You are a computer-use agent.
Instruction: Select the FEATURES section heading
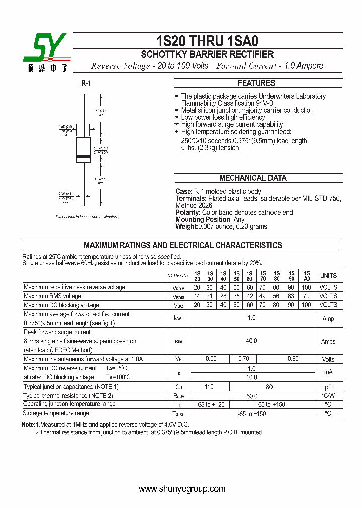(x=256, y=83)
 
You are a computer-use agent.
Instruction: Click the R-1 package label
(x=86, y=84)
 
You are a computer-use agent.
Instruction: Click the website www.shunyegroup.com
(x=182, y=489)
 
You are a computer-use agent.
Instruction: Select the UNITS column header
(x=328, y=276)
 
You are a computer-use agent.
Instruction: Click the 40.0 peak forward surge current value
(x=251, y=341)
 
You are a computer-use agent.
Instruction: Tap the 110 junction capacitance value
(x=209, y=387)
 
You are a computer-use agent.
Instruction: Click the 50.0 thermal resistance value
(x=251, y=396)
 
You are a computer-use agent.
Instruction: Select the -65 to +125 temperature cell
(x=210, y=404)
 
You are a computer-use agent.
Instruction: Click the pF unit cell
(x=328, y=387)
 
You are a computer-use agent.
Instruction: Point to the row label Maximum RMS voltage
(x=52, y=296)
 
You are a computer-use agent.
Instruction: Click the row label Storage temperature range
(x=56, y=413)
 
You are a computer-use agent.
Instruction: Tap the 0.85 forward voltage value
(x=292, y=359)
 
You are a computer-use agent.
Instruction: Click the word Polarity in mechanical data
(x=188, y=212)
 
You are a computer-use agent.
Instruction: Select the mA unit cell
(x=328, y=372)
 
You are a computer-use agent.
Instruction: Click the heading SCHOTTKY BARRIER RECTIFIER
(x=207, y=55)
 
